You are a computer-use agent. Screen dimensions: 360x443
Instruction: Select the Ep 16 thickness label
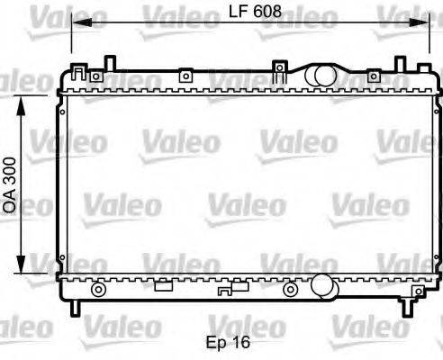tap(229, 342)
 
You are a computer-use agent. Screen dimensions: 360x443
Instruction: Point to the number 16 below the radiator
tap(240, 342)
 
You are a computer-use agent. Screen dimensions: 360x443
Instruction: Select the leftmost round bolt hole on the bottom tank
tap(98, 289)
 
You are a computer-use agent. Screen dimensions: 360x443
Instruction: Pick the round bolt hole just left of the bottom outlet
tap(290, 289)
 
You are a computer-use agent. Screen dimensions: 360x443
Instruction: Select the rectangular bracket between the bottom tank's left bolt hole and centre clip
tap(163, 287)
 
